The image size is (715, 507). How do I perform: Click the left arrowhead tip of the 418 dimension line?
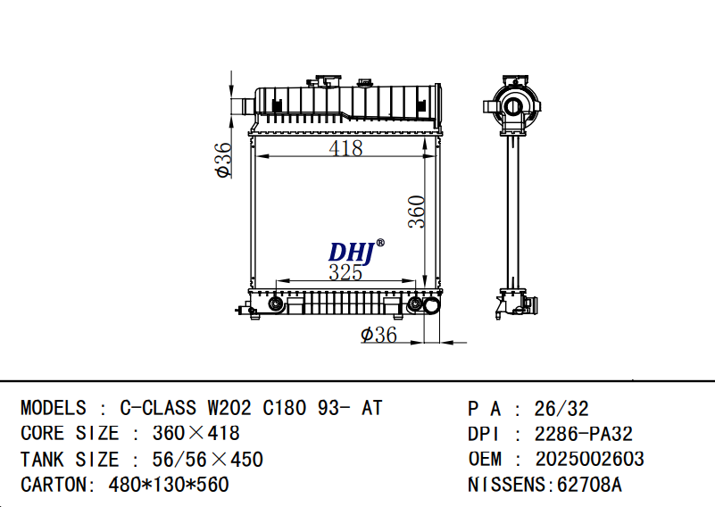(x=256, y=156)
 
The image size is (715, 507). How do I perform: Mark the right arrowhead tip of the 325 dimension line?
(x=416, y=281)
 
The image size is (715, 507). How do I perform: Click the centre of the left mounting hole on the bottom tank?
(x=275, y=303)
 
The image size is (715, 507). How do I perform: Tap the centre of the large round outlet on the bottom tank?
(x=431, y=305)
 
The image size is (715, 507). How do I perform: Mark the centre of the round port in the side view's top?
(x=512, y=108)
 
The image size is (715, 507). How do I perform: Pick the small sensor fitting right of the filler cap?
(x=365, y=83)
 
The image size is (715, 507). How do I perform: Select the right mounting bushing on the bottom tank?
(x=414, y=303)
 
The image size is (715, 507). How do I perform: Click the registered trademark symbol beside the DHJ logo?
(x=380, y=243)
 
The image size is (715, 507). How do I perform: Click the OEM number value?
(x=589, y=459)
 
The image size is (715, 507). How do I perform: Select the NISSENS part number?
(x=589, y=485)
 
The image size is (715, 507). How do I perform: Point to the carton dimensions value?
(x=169, y=485)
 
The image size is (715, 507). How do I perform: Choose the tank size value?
(x=207, y=459)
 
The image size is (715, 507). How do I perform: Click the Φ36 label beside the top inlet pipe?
(x=223, y=160)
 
